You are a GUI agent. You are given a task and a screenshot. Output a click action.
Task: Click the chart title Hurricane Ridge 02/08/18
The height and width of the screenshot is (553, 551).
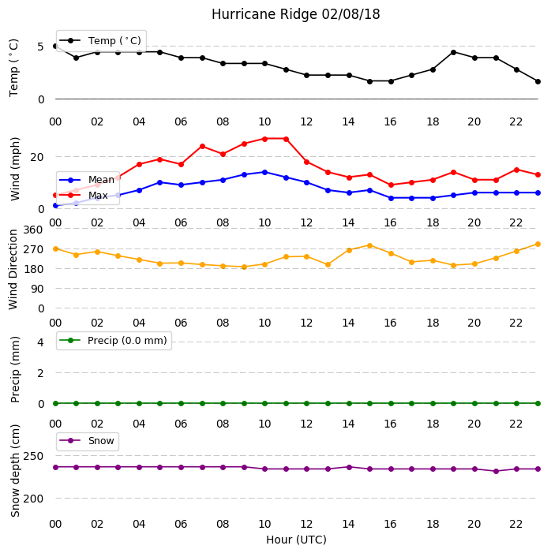click(x=296, y=14)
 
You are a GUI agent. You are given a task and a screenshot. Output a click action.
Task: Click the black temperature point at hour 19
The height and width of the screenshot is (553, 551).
click(x=454, y=52)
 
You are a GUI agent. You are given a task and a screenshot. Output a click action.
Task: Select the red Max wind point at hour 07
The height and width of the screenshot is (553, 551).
click(x=202, y=146)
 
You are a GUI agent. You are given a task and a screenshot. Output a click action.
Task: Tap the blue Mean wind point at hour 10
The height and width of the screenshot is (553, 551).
click(x=264, y=172)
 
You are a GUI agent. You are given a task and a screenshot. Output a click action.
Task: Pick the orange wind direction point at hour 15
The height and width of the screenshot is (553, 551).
click(x=370, y=245)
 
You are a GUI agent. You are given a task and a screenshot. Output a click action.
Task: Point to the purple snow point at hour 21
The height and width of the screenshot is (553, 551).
click(x=496, y=471)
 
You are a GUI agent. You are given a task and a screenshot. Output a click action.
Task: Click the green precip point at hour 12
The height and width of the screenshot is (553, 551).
click(x=306, y=403)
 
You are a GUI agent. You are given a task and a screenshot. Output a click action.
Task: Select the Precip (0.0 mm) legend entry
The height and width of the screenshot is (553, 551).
click(x=114, y=341)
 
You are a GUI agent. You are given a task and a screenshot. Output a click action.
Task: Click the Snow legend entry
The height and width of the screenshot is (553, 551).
click(x=87, y=441)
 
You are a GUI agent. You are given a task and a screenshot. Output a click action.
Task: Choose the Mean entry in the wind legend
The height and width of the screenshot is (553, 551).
click(x=87, y=180)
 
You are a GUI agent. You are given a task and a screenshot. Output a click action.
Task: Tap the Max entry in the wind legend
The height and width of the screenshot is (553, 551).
click(x=84, y=196)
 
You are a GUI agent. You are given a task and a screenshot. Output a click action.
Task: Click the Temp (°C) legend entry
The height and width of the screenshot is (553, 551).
click(x=101, y=41)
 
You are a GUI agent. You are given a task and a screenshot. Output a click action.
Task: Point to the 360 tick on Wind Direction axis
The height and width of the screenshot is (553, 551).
click(x=33, y=230)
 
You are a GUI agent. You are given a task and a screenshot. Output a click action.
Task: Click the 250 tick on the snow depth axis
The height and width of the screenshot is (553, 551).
click(x=33, y=456)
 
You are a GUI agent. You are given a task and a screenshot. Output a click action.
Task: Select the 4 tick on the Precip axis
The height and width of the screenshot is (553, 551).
click(x=41, y=342)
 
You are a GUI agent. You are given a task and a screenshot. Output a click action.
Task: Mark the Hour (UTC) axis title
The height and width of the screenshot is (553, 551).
click(x=296, y=540)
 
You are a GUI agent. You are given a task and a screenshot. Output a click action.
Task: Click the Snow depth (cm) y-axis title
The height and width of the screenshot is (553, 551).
click(x=15, y=471)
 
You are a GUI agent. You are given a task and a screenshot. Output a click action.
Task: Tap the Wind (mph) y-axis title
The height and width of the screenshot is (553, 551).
click(x=15, y=169)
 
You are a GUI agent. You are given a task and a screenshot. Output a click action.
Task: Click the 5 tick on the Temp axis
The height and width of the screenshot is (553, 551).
click(x=41, y=47)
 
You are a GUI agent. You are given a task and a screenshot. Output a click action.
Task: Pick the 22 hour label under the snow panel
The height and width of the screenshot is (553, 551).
click(x=515, y=524)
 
